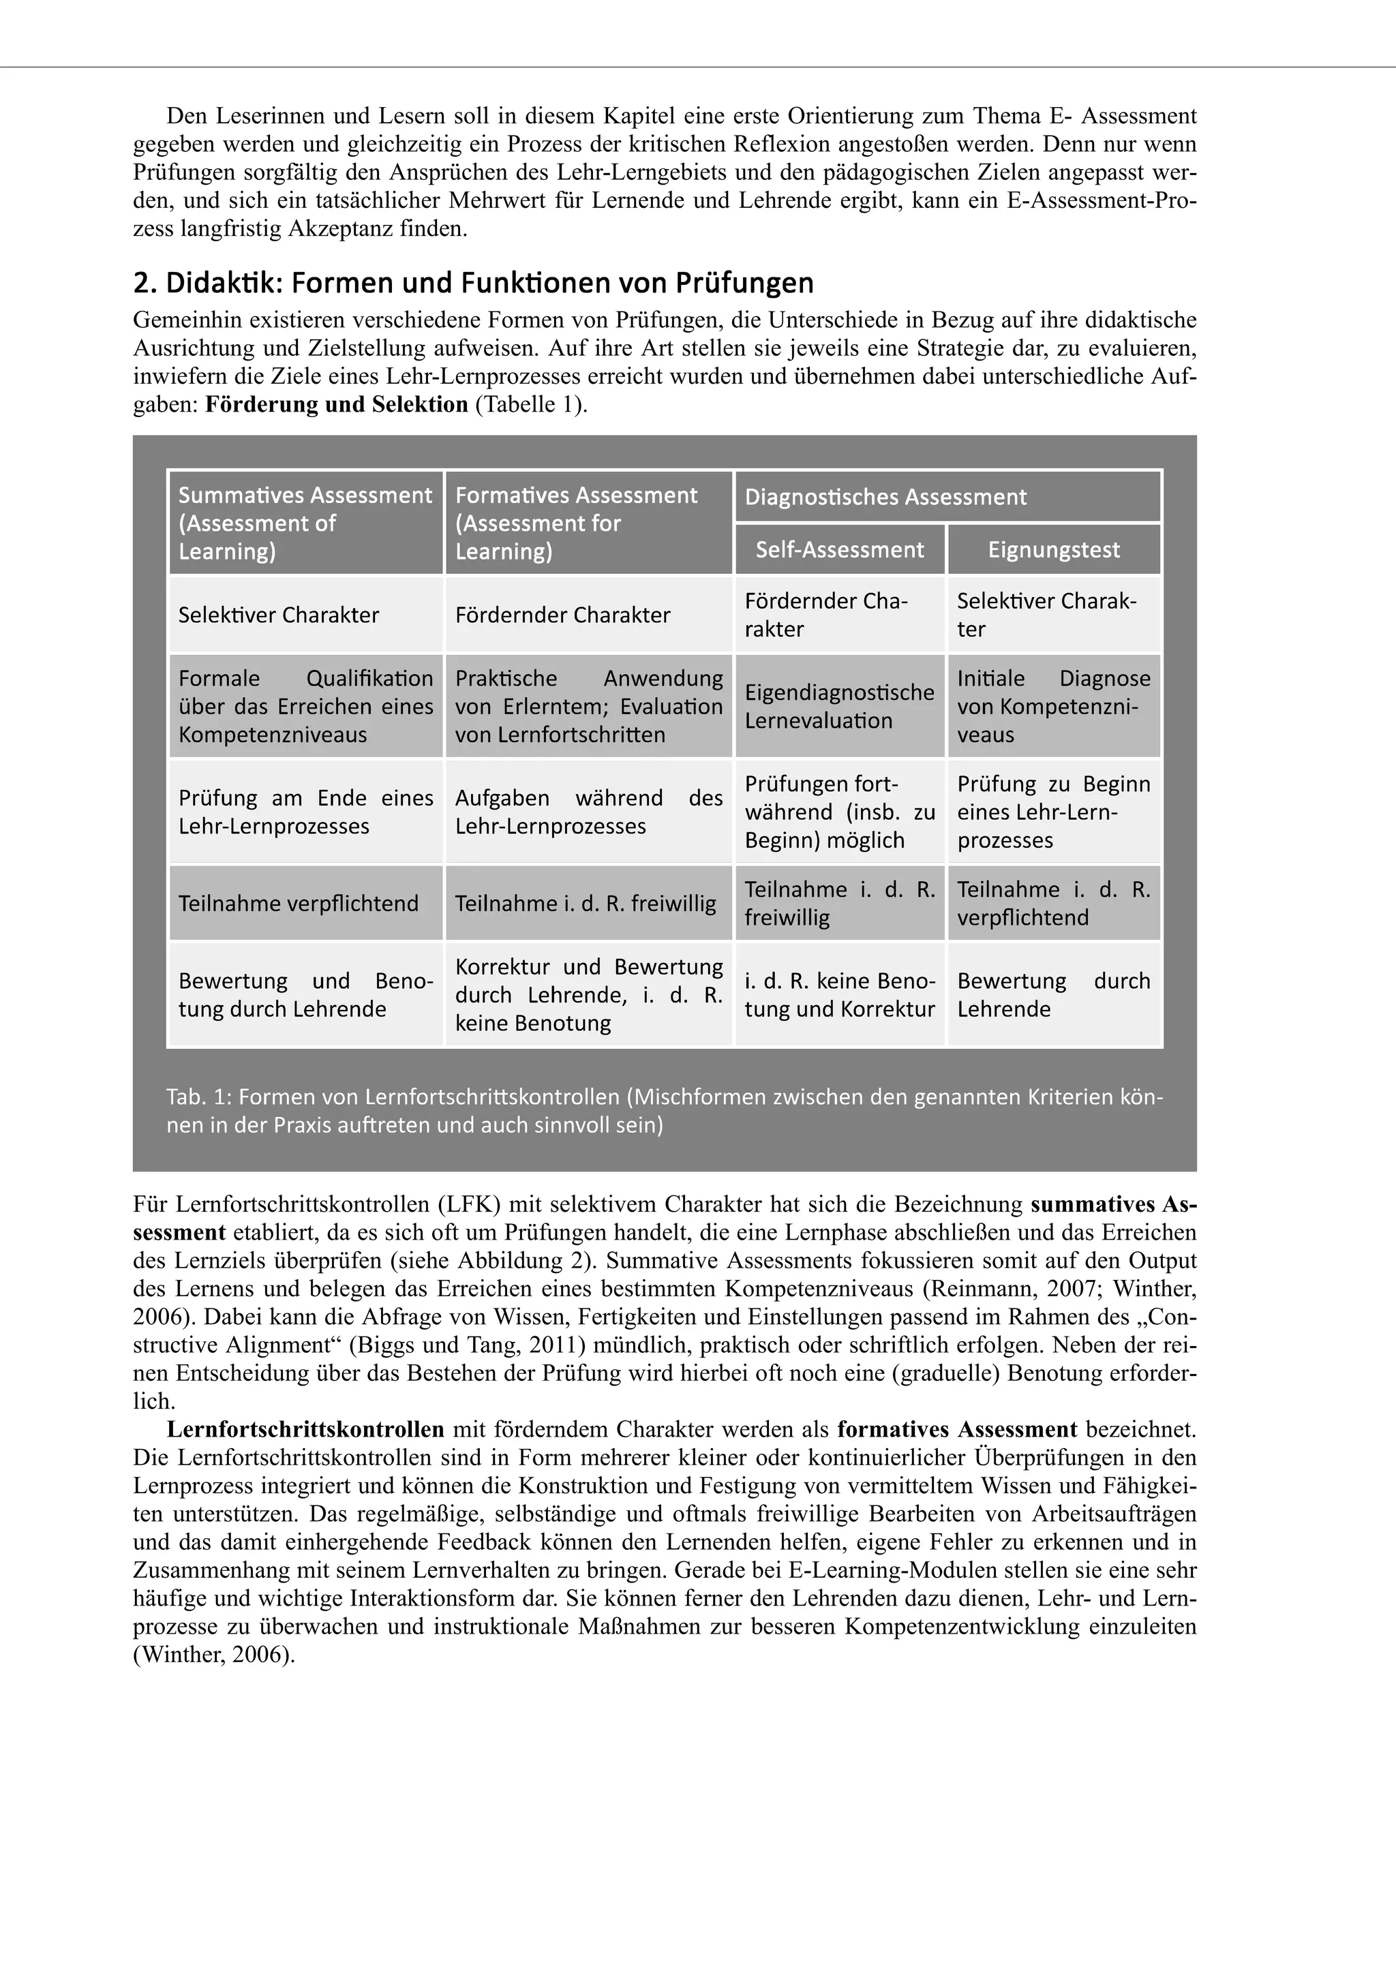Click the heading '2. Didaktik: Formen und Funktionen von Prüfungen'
click(x=473, y=283)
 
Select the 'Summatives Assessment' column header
click(x=305, y=522)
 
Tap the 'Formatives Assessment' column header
click(x=588, y=522)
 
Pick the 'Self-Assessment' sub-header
click(x=840, y=550)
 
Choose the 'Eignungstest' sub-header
click(x=1054, y=550)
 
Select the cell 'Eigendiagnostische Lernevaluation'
click(x=840, y=706)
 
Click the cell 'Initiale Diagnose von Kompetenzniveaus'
click(x=1054, y=706)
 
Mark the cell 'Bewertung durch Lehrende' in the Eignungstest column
click(x=1054, y=994)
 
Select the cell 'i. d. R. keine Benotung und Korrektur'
click(x=840, y=994)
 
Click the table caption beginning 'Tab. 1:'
click(x=664, y=1110)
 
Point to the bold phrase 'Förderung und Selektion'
click(x=336, y=404)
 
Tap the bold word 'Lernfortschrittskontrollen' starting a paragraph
click(x=305, y=1430)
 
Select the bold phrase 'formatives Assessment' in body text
click(x=956, y=1430)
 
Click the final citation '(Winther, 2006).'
click(x=214, y=1654)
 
